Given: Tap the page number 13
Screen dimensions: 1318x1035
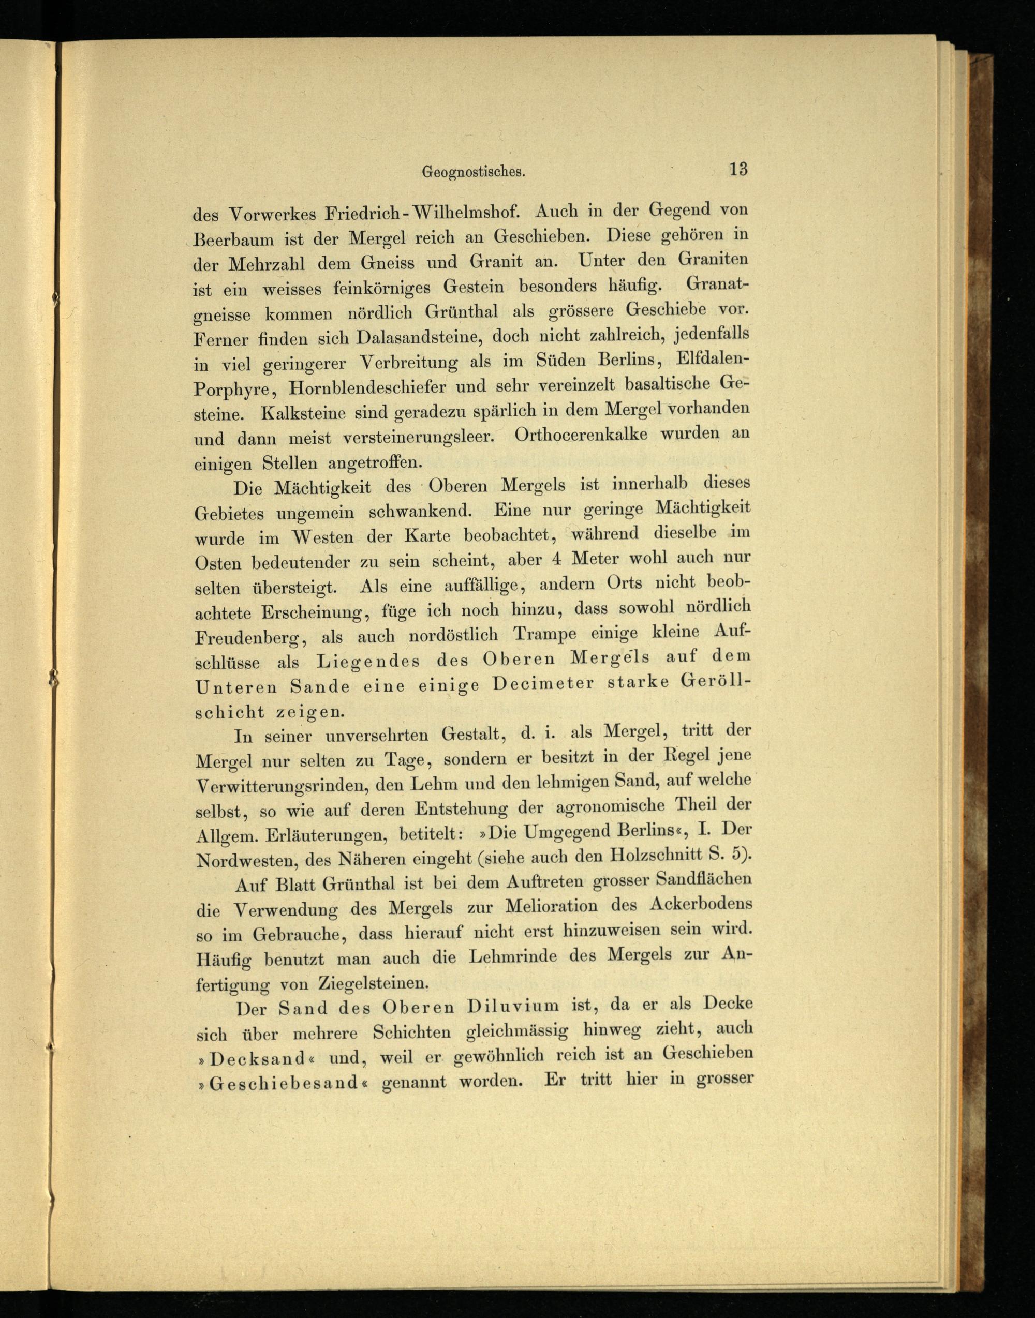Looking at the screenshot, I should tap(738, 169).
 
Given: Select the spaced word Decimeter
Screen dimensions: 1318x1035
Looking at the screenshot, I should tap(543, 684).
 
